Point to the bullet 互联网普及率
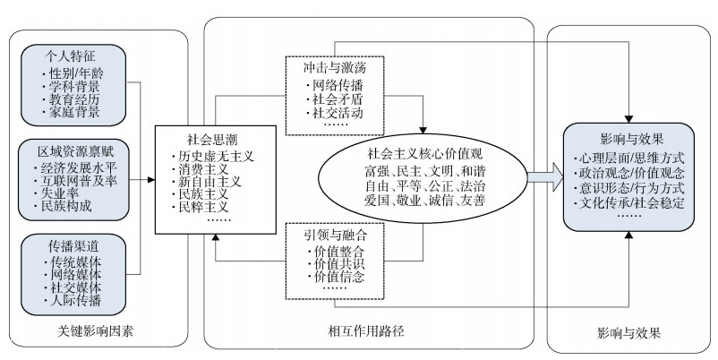(x=76, y=181)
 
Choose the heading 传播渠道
(x=73, y=246)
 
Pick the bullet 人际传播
(x=73, y=301)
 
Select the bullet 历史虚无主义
(x=212, y=156)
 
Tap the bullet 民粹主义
(x=201, y=207)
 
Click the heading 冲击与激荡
(x=335, y=68)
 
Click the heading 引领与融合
(x=335, y=235)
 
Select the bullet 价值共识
(x=336, y=264)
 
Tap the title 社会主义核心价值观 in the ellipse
(x=424, y=153)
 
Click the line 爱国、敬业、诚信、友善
(x=424, y=201)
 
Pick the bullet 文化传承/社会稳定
(x=629, y=203)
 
